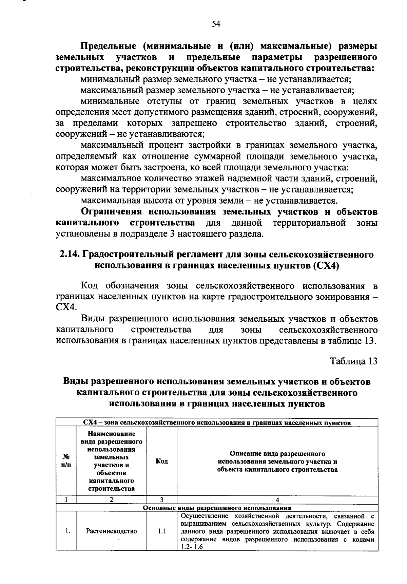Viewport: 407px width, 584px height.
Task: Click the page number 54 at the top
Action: click(x=216, y=24)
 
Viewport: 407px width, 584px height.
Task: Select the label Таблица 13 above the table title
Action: click(x=354, y=361)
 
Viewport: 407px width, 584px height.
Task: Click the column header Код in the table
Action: click(x=162, y=461)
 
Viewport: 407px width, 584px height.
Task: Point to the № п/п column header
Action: click(x=66, y=461)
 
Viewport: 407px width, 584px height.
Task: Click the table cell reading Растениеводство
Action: click(x=112, y=531)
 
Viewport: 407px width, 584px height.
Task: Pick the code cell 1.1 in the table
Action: click(x=162, y=531)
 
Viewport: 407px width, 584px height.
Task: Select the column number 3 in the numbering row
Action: click(x=162, y=500)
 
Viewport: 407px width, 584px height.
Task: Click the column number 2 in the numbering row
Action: click(x=111, y=500)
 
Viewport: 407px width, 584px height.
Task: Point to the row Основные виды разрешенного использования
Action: click(x=217, y=508)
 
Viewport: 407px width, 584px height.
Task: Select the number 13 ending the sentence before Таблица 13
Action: click(x=370, y=341)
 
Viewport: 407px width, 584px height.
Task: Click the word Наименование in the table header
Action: click(x=111, y=434)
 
